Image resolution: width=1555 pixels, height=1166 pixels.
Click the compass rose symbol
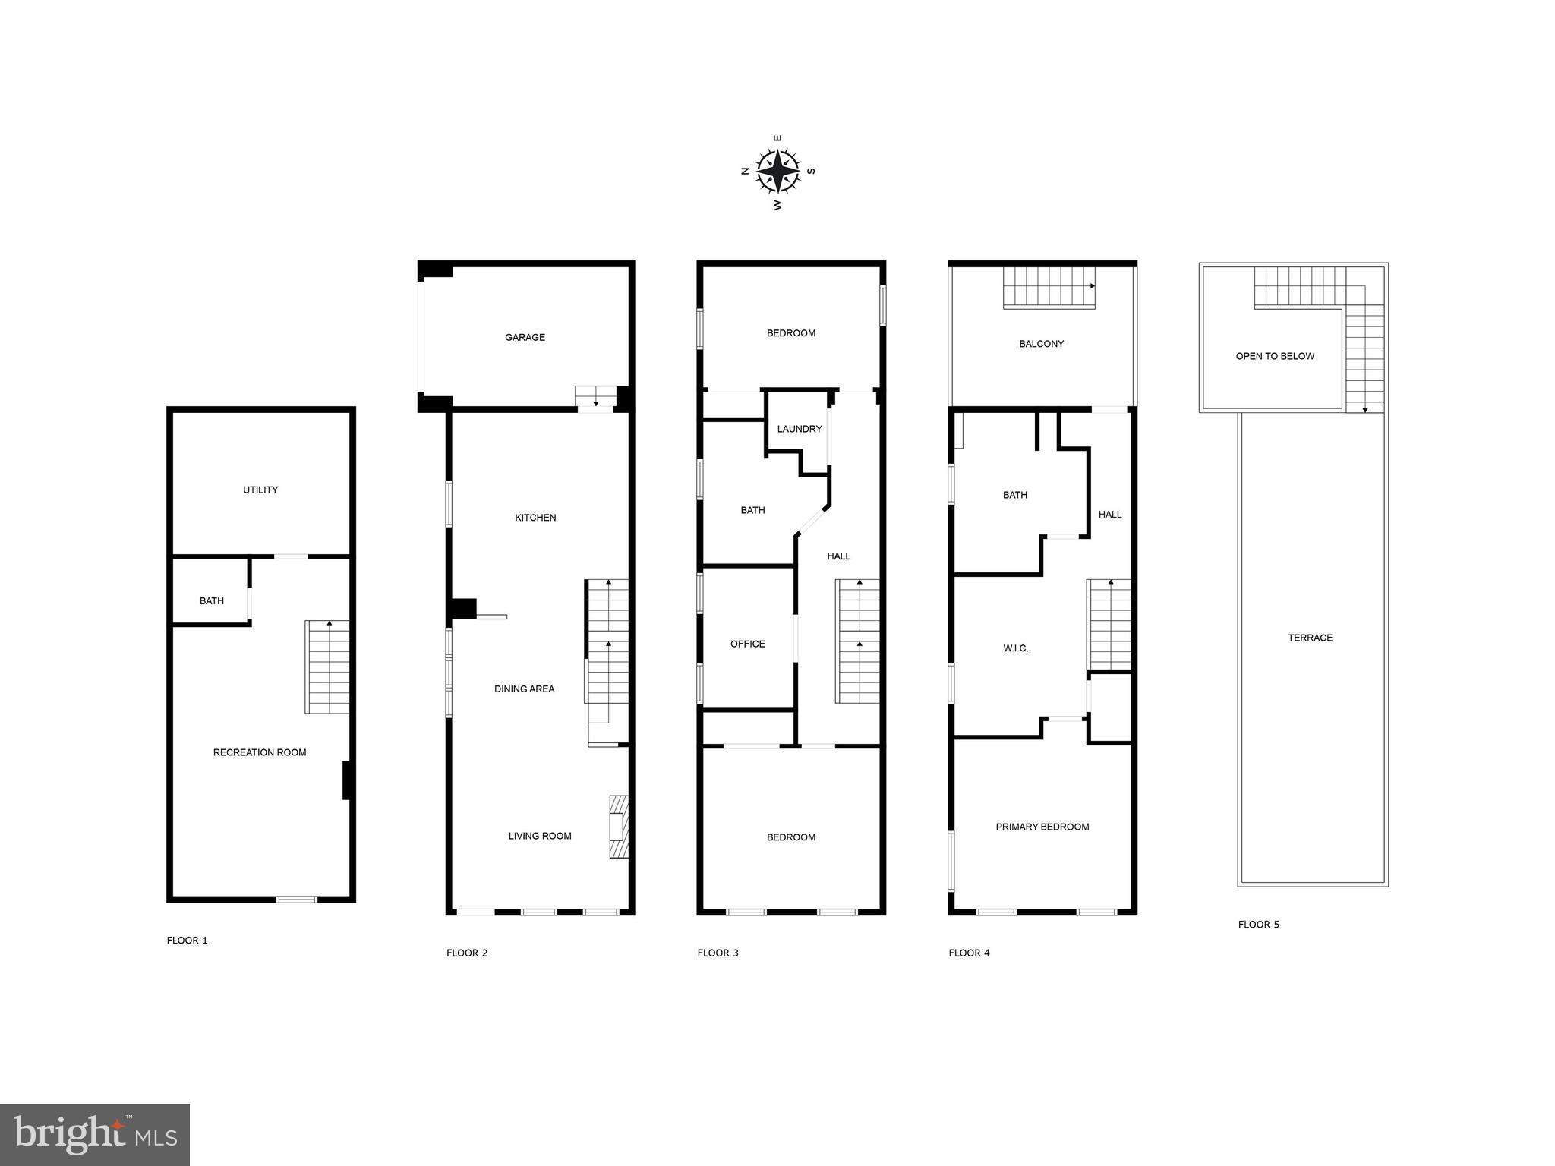tap(777, 171)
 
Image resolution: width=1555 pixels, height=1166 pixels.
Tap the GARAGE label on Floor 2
tap(525, 337)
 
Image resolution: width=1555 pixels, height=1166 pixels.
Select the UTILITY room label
tap(260, 490)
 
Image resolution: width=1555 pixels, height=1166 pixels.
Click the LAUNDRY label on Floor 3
tap(799, 429)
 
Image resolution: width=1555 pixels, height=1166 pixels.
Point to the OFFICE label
tap(747, 644)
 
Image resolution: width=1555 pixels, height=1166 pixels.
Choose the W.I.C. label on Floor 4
tap(1015, 648)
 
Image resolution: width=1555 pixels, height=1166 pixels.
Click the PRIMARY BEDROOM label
tap(1042, 827)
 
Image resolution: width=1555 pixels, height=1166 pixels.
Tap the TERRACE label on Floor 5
tap(1310, 638)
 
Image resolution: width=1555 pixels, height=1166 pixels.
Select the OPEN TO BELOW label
tap(1274, 356)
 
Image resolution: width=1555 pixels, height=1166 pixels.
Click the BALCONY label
tap(1041, 344)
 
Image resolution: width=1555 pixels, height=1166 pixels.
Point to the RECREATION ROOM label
tap(260, 752)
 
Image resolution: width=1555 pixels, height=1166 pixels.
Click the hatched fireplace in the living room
tap(619, 826)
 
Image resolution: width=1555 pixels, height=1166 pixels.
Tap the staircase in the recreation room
tap(327, 667)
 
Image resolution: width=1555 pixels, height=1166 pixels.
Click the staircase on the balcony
tap(1049, 288)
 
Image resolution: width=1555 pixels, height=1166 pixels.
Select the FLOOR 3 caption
tap(718, 953)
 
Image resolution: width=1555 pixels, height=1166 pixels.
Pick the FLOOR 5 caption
tap(1258, 924)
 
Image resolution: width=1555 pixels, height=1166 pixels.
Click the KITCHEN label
tap(535, 518)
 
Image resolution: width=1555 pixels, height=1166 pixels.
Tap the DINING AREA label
tap(524, 689)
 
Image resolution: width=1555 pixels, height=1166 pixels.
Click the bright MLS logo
tap(95, 1134)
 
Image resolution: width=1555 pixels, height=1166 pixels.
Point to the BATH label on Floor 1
tap(211, 601)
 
